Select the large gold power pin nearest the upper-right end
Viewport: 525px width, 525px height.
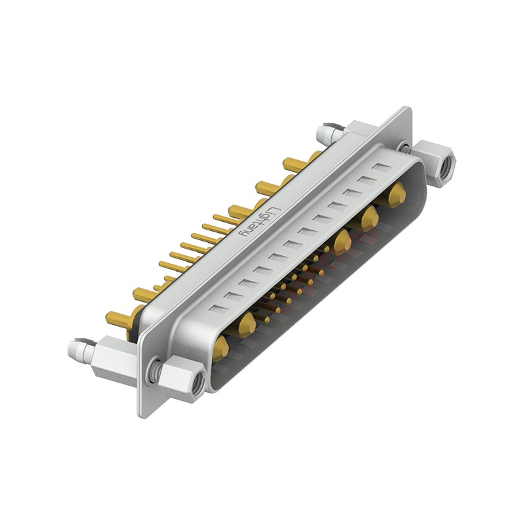coord(396,194)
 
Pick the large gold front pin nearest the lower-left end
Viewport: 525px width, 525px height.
coord(220,348)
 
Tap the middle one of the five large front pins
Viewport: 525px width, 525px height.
coord(341,242)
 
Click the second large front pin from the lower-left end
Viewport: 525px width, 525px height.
coord(246,324)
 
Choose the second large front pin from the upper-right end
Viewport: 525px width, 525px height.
coord(369,217)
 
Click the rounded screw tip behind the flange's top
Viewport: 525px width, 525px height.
coord(324,135)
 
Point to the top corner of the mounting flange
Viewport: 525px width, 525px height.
coord(408,109)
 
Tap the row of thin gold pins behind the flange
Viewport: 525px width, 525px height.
coord(197,246)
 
